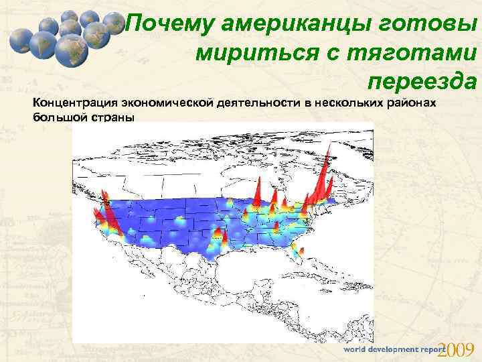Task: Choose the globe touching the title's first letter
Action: point(114,27)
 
